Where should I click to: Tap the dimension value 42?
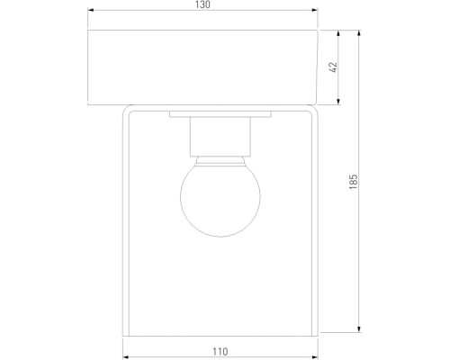(332, 67)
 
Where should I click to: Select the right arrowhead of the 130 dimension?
(316, 13)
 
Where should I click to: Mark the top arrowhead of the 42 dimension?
(339, 31)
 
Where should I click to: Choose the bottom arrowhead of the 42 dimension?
(339, 104)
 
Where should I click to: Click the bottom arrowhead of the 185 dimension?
(360, 329)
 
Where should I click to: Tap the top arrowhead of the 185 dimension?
(360, 31)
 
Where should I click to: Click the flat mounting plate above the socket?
(220, 115)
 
